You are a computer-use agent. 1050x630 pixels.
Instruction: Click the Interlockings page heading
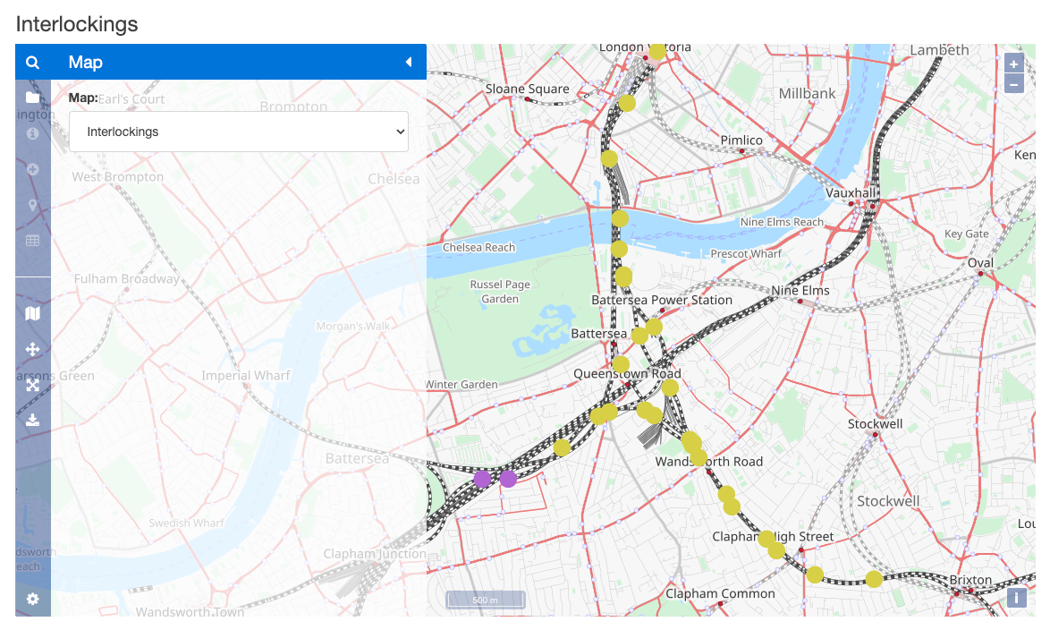pyautogui.click(x=77, y=24)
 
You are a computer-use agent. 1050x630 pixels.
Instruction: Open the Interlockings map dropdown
pyautogui.click(x=238, y=132)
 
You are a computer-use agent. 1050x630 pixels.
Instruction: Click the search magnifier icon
pyautogui.click(x=33, y=63)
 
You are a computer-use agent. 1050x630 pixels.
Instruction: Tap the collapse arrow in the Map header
pyautogui.click(x=408, y=62)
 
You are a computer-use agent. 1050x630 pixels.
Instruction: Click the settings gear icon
pyautogui.click(x=33, y=599)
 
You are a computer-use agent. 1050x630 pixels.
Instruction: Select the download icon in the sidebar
pyautogui.click(x=33, y=420)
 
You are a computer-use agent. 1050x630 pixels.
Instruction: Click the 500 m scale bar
pyautogui.click(x=486, y=600)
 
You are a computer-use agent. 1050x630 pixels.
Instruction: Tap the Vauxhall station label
pyautogui.click(x=850, y=192)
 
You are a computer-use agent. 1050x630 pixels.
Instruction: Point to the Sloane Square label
pyautogui.click(x=527, y=89)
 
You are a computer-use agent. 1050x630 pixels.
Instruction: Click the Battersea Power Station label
pyautogui.click(x=662, y=300)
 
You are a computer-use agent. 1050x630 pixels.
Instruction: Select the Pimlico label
pyautogui.click(x=741, y=140)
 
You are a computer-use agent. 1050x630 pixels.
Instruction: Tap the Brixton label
pyautogui.click(x=970, y=580)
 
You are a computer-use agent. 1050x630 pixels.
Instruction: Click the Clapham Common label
pyautogui.click(x=720, y=593)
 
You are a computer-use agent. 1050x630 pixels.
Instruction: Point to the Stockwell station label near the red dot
pyautogui.click(x=875, y=423)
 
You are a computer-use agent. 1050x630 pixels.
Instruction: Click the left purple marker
pyautogui.click(x=482, y=479)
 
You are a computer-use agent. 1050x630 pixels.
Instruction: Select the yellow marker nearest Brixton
pyautogui.click(x=874, y=579)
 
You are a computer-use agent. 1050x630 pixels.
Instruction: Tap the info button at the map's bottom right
pyautogui.click(x=1016, y=598)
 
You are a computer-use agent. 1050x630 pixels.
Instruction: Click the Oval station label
pyautogui.click(x=980, y=263)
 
